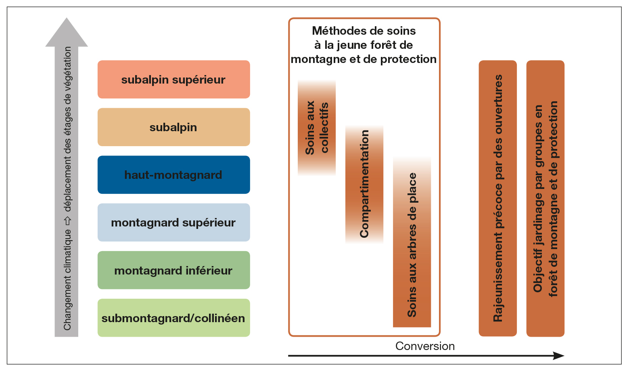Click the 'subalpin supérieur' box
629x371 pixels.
tap(173, 80)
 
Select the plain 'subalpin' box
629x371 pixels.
tap(173, 127)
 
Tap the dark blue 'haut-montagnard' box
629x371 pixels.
tap(173, 175)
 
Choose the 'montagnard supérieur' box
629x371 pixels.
tap(173, 222)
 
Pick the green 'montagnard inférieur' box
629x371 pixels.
tap(173, 270)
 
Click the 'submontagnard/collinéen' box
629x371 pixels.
tap(173, 318)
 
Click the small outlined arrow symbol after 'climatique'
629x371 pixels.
tap(67, 221)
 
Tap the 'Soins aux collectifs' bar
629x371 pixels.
tap(317, 128)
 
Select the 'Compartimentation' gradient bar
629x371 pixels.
tap(364, 184)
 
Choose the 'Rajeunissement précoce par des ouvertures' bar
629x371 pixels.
tap(497, 198)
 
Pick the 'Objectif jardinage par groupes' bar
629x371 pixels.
tap(545, 198)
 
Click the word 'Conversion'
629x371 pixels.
tap(425, 346)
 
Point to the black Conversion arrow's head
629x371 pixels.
tap(558, 356)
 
